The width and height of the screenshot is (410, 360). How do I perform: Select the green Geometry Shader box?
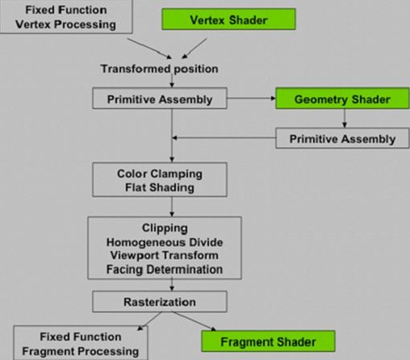[x=344, y=99]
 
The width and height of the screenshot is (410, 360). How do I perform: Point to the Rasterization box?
[x=170, y=301]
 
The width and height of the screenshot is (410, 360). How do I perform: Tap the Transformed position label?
[x=159, y=69]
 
